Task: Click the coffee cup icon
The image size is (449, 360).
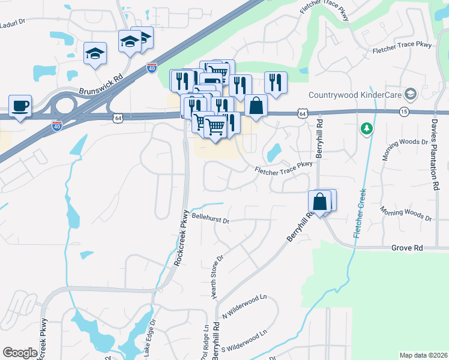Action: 20,106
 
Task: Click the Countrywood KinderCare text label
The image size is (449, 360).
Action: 355,95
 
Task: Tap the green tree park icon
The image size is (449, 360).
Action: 366,128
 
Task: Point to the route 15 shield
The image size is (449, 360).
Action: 404,112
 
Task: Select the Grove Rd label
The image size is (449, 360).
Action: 407,247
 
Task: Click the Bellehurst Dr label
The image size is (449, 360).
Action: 211,220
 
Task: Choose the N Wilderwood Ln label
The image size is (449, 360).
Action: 244,305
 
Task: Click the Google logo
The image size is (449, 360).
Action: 20,353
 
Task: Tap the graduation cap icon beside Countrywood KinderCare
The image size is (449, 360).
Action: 411,94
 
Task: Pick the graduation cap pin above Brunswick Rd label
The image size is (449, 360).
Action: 95,53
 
